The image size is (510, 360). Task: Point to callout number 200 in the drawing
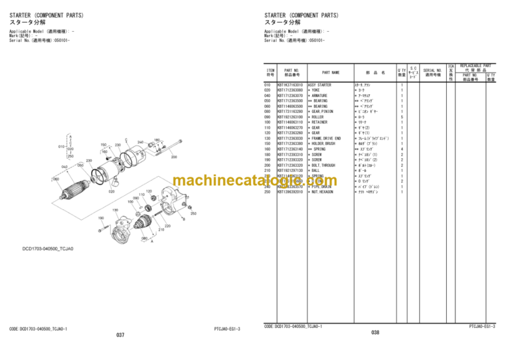point(174,157)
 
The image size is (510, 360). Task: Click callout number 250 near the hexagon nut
point(193,214)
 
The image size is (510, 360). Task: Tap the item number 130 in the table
point(268,138)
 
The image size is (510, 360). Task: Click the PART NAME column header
point(331,72)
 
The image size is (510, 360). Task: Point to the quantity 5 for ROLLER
point(402,117)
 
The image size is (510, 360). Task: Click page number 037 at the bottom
point(120,335)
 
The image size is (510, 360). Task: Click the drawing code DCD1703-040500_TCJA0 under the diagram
point(46,248)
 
